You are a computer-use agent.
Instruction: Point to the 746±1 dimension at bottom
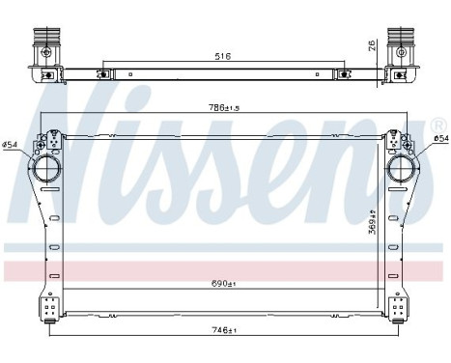coord(225,330)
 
